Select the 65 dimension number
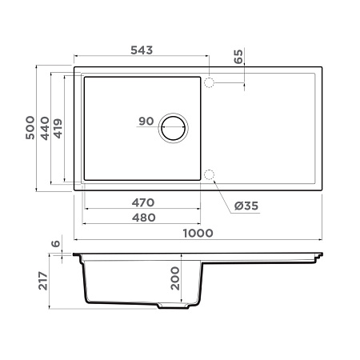(x=238, y=57)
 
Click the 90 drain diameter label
(x=146, y=122)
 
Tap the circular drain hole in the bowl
(x=174, y=128)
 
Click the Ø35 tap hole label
(x=246, y=206)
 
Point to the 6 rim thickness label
(x=55, y=244)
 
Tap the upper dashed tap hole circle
(x=210, y=82)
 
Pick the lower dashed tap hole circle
(x=210, y=174)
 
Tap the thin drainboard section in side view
(x=264, y=258)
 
